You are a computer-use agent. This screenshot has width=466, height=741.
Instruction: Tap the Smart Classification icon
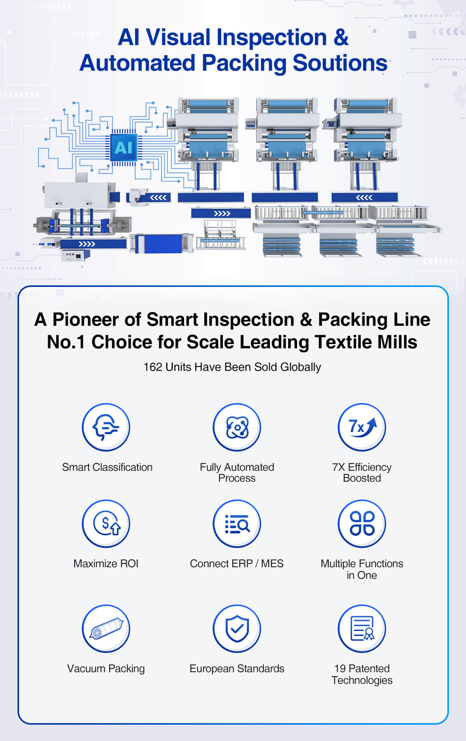click(x=106, y=427)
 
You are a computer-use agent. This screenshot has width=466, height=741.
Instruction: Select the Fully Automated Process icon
click(x=237, y=427)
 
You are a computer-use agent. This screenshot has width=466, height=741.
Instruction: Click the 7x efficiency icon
click(x=362, y=427)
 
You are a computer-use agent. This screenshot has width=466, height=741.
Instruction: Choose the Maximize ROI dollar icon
click(x=106, y=524)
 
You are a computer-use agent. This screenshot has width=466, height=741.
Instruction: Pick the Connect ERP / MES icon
click(x=237, y=524)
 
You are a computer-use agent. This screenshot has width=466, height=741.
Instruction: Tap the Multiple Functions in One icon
click(x=362, y=524)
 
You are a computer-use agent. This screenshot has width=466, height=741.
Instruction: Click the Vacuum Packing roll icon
click(x=106, y=628)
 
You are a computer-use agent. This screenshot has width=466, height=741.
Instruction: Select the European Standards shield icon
click(x=237, y=628)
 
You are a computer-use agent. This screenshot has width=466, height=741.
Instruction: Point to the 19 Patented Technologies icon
click(x=362, y=628)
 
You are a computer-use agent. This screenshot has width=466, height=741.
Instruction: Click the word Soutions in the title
click(x=340, y=63)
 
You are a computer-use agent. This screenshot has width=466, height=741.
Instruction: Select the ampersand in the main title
click(x=341, y=38)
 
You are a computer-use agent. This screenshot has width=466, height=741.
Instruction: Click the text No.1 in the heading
click(x=66, y=342)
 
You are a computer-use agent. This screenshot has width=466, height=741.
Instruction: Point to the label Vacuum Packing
click(x=106, y=669)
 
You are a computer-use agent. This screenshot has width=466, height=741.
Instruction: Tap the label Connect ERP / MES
click(x=237, y=564)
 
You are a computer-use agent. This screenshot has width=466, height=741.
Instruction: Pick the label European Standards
click(x=237, y=669)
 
